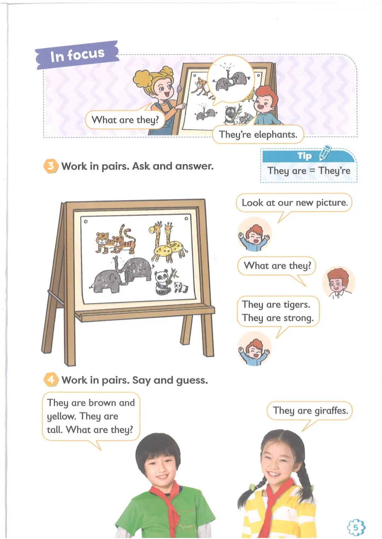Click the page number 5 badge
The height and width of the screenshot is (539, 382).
(356, 527)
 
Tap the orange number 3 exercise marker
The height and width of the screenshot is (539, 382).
(51, 166)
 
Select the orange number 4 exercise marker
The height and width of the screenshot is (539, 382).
(51, 380)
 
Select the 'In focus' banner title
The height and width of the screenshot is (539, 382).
(77, 55)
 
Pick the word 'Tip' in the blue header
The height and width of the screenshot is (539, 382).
(305, 156)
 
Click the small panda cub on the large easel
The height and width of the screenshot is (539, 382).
(181, 287)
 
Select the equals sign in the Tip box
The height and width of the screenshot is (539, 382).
(312, 171)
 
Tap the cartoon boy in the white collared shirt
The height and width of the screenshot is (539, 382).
(338, 282)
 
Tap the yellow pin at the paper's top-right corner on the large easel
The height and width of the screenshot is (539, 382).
(186, 218)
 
